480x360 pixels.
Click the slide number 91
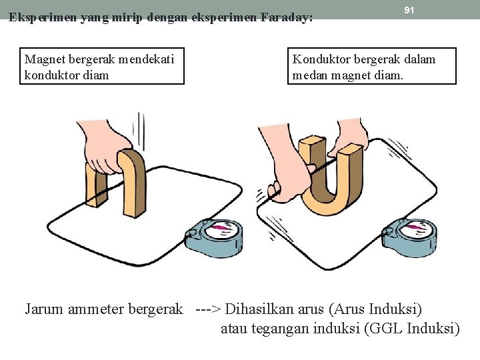[409, 10]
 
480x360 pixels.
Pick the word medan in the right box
[309, 75]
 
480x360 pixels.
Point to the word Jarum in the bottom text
[43, 309]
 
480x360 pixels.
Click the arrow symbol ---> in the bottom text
[209, 309]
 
